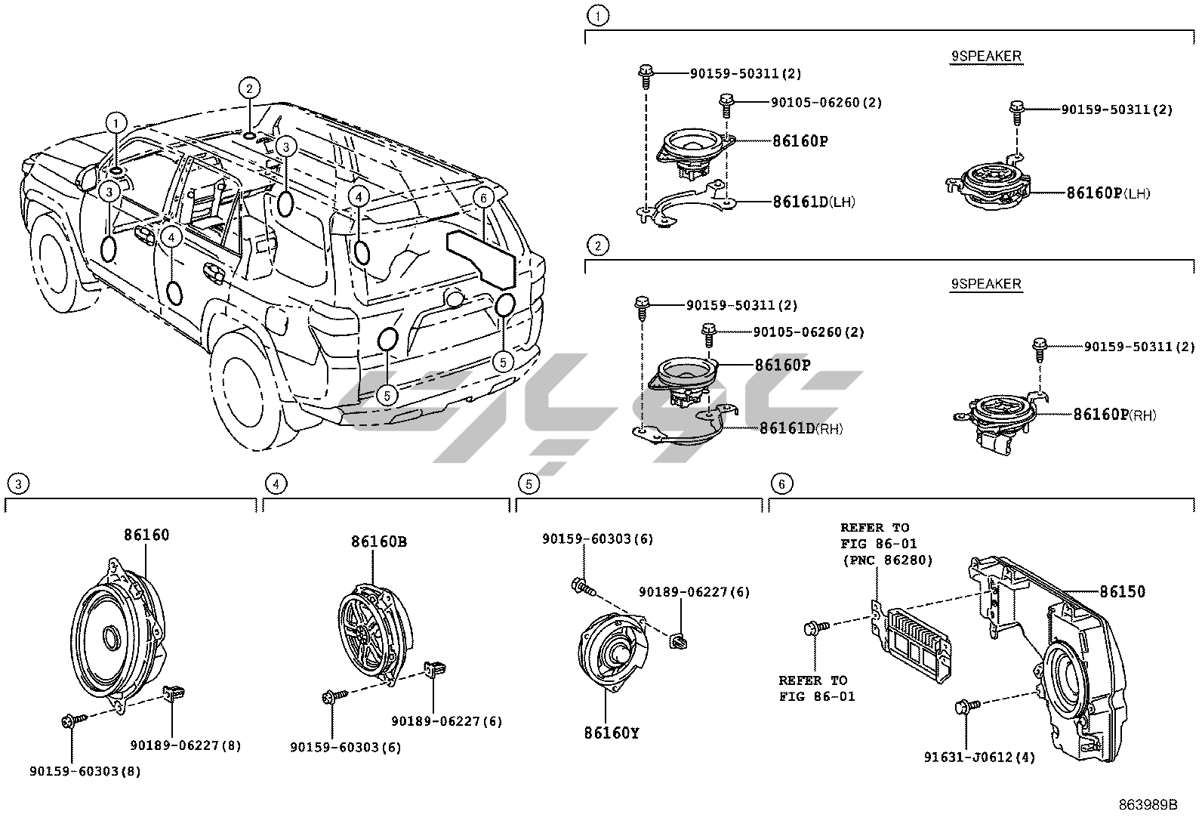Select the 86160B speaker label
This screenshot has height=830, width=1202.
[379, 542]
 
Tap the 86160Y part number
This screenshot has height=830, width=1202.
[611, 733]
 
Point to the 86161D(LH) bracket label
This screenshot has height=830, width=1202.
[813, 202]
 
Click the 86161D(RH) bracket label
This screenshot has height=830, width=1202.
[800, 429]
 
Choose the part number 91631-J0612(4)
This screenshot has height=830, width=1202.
[979, 757]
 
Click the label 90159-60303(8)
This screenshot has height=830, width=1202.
[85, 771]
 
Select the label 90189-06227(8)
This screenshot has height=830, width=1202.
[186, 745]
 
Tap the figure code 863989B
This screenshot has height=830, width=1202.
[1148, 805]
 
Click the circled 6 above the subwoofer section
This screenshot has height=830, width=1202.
[781, 483]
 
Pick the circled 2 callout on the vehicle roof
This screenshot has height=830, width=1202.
[249, 88]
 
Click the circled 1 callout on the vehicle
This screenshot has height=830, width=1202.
[115, 122]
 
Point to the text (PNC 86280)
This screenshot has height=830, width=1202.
[887, 560]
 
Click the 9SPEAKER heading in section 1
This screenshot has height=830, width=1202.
[985, 56]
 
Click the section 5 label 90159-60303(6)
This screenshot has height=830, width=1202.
[597, 539]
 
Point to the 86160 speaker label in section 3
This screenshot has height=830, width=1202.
[146, 535]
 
